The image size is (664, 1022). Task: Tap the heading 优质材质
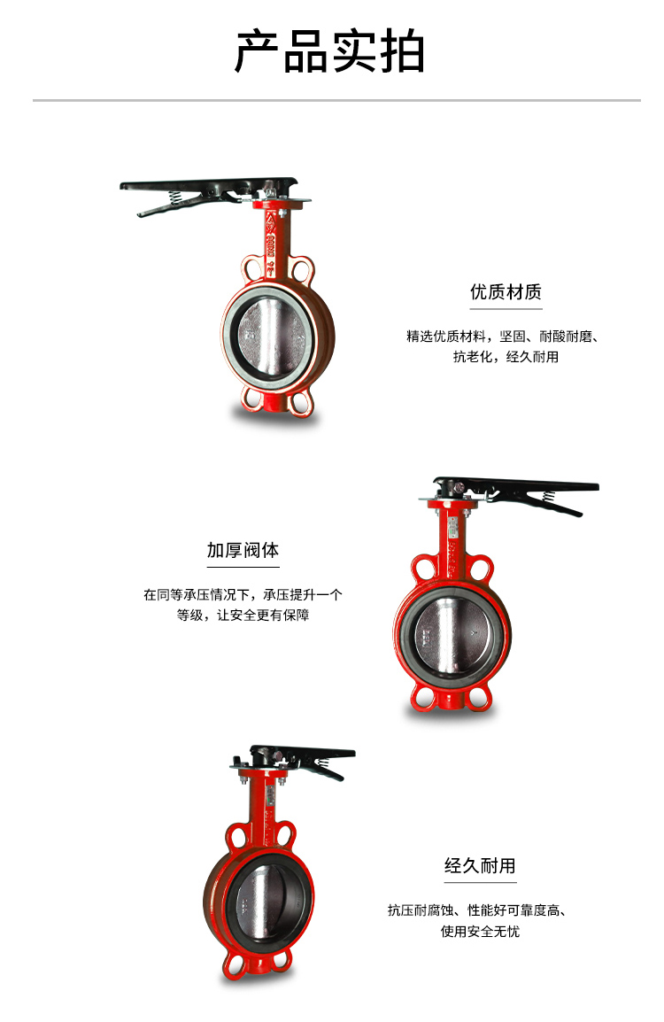(506, 292)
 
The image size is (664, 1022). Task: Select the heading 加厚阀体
(243, 550)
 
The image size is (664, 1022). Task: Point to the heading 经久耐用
(480, 865)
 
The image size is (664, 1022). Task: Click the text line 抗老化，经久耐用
(506, 357)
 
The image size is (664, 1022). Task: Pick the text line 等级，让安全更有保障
(243, 615)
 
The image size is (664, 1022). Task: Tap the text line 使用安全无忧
(480, 932)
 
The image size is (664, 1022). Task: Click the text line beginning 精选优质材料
(503, 337)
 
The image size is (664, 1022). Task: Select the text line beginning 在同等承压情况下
(243, 594)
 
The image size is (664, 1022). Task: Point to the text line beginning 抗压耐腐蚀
(477, 910)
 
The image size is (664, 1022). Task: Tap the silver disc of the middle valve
(452, 636)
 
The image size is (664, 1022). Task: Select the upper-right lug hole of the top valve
(303, 269)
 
